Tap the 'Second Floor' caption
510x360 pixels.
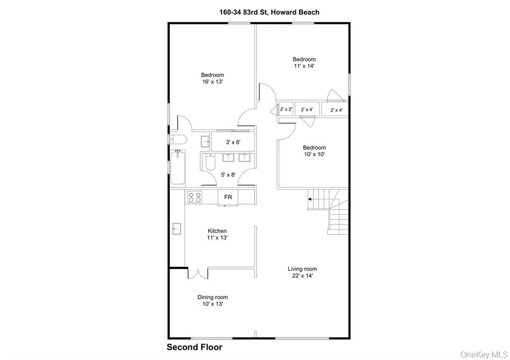[194, 347]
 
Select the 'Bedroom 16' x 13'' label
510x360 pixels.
[213, 78]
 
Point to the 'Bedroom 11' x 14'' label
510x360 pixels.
[304, 62]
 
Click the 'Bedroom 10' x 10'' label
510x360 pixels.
[315, 151]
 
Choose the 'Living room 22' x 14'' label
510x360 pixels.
[302, 272]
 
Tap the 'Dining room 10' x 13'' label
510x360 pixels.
[213, 300]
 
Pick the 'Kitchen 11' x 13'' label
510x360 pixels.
[217, 234]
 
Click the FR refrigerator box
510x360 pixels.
[228, 197]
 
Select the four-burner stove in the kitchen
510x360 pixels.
[194, 197]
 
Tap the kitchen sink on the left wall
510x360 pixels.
[175, 229]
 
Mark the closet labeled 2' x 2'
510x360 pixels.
[286, 109]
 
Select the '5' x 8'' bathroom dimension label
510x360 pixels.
[229, 174]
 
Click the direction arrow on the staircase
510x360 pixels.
[311, 199]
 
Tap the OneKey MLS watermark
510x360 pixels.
[483, 354]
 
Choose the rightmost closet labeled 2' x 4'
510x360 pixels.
[337, 110]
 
